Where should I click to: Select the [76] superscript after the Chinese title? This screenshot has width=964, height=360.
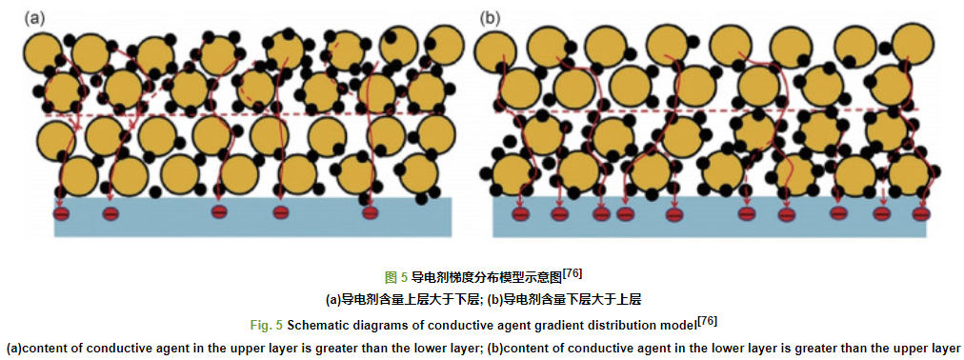(572, 273)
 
